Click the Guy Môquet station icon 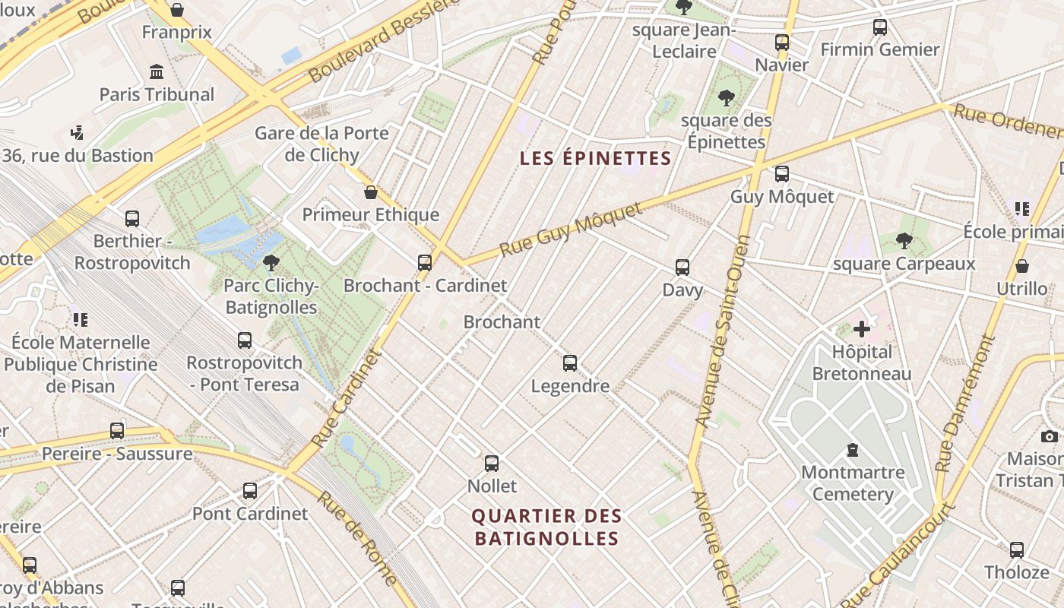pyautogui.click(x=781, y=174)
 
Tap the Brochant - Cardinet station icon pyautogui.click(x=425, y=263)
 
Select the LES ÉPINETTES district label pyautogui.click(x=595, y=158)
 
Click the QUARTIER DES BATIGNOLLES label pyautogui.click(x=546, y=527)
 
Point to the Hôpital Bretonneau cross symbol pyautogui.click(x=862, y=329)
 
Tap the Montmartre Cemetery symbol pyautogui.click(x=853, y=450)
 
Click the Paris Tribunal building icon pyautogui.click(x=157, y=72)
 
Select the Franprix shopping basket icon pyautogui.click(x=177, y=10)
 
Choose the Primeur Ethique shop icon pyautogui.click(x=371, y=192)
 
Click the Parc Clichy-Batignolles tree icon pyautogui.click(x=271, y=263)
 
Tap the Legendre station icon pyautogui.click(x=570, y=363)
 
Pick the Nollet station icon pyautogui.click(x=492, y=463)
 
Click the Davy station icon pyautogui.click(x=682, y=268)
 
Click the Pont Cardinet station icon pyautogui.click(x=250, y=491)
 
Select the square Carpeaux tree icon pyautogui.click(x=904, y=241)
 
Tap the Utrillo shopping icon pyautogui.click(x=1022, y=266)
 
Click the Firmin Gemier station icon pyautogui.click(x=880, y=27)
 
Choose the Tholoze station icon pyautogui.click(x=1017, y=549)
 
